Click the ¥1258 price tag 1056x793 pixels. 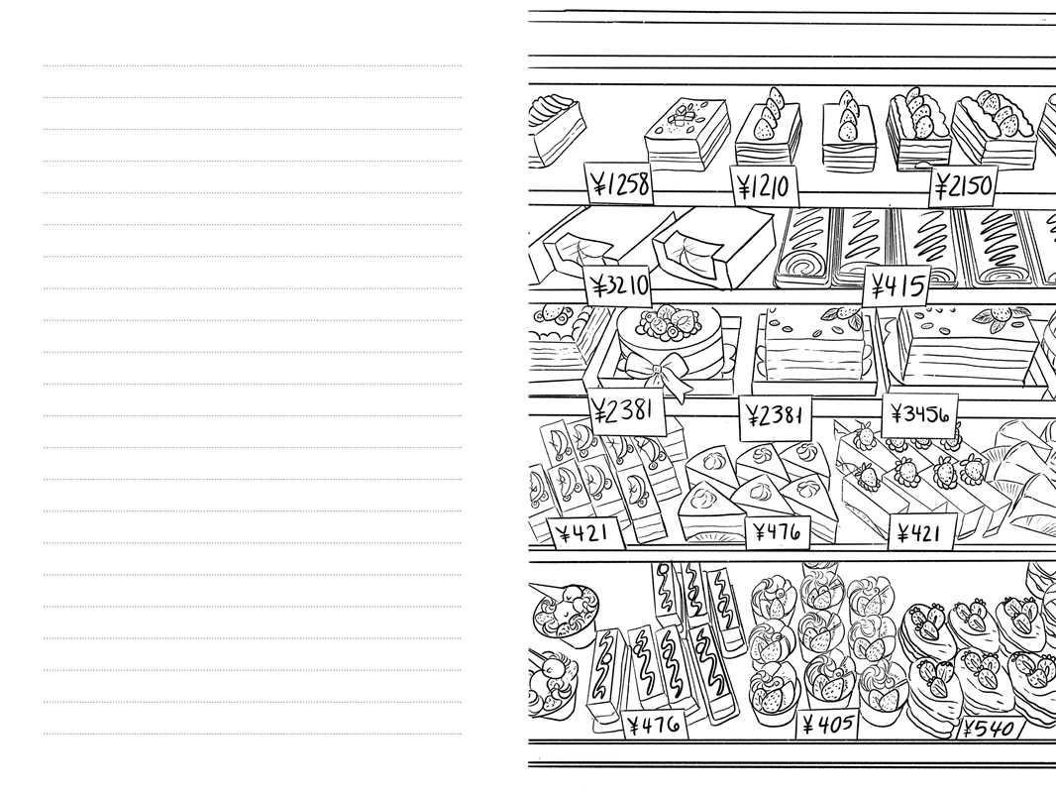click(619, 184)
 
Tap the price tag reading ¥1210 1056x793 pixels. click(763, 184)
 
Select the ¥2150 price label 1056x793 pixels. click(964, 185)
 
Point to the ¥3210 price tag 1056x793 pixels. click(619, 286)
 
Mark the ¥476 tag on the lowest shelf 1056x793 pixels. click(654, 725)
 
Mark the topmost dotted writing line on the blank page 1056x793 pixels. click(253, 66)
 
